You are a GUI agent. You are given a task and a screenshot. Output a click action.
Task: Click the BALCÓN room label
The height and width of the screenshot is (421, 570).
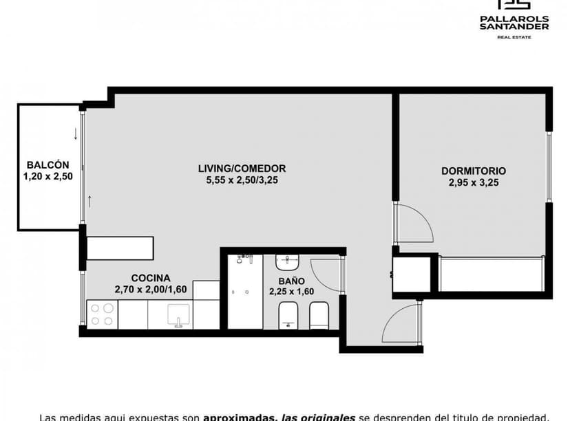[x=47, y=165]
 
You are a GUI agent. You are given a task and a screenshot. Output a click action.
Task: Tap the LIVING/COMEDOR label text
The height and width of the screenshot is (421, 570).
[x=242, y=169]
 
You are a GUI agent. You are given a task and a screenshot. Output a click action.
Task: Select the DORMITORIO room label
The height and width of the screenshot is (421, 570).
[x=474, y=171]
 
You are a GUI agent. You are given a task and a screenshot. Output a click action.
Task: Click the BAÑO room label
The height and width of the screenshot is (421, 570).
[x=292, y=281]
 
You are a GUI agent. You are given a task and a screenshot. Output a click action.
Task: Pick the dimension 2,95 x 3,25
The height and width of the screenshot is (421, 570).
[x=474, y=183]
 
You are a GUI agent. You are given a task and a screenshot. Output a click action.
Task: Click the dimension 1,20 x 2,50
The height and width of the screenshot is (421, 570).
[x=47, y=176]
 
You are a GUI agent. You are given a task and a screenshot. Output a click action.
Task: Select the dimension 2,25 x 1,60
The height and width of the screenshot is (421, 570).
[x=291, y=292]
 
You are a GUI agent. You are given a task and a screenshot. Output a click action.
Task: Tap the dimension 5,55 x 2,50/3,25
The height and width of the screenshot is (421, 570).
[x=242, y=180]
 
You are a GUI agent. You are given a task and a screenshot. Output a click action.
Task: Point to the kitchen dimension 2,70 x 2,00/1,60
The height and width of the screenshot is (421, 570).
[x=151, y=289]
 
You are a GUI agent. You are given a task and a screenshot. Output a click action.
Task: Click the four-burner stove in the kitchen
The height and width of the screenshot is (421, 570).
[x=102, y=314]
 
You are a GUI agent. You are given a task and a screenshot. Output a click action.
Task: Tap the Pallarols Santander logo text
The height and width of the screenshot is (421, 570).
[x=514, y=23]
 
